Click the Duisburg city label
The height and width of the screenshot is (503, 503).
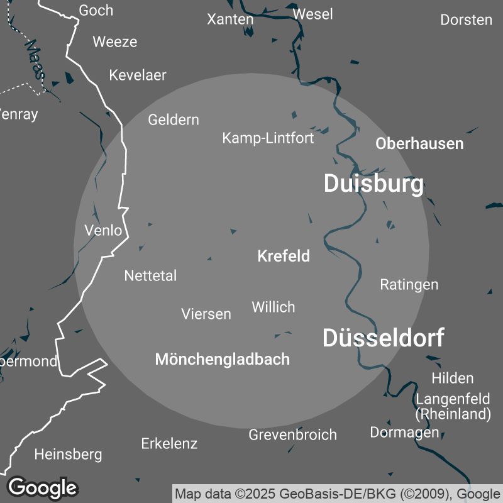tap(373, 184)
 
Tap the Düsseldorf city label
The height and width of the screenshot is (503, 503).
tap(383, 338)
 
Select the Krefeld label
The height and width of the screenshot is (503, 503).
tap(284, 257)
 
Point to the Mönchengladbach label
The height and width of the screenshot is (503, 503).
tap(222, 359)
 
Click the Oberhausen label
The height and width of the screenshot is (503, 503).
tap(419, 143)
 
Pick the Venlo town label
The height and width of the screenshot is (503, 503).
tap(103, 230)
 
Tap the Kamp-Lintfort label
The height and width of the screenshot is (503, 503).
tap(268, 138)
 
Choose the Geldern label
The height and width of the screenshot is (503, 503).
tap(174, 119)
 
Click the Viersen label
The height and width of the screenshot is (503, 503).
tap(206, 314)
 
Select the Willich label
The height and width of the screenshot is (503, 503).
tap(273, 307)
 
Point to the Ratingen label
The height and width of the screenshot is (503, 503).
tap(409, 284)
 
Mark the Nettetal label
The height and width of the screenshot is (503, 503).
tap(150, 275)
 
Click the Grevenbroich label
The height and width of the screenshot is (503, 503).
tap(292, 434)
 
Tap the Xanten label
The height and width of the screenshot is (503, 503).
tap(230, 19)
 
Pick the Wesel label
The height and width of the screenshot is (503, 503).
tap(312, 14)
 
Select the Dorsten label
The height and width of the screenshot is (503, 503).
tap(466, 19)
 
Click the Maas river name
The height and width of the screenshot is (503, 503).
tap(35, 59)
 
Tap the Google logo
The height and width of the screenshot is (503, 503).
tap(43, 487)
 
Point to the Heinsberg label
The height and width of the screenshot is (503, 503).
tap(68, 454)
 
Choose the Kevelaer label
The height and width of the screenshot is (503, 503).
tap(138, 75)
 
